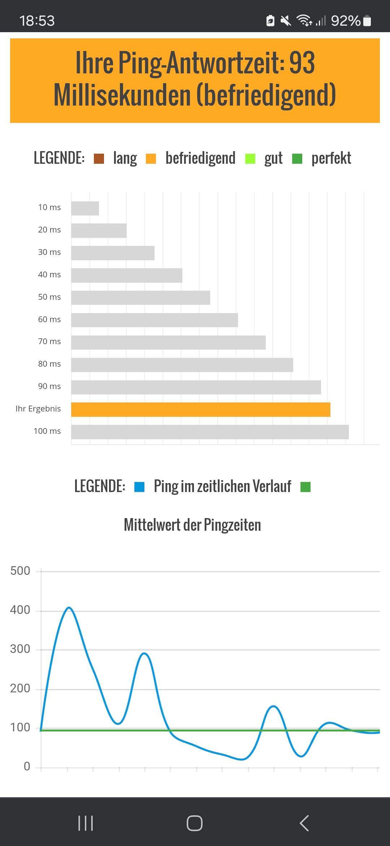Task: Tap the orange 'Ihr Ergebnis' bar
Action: pyautogui.click(x=200, y=409)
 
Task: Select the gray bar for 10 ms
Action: pyautogui.click(x=85, y=208)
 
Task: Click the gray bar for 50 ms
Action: pyautogui.click(x=140, y=298)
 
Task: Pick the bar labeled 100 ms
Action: pyautogui.click(x=210, y=432)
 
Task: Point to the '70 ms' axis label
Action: pyautogui.click(x=49, y=342)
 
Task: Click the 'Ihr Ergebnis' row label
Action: pyautogui.click(x=38, y=409)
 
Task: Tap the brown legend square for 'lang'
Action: pyautogui.click(x=99, y=159)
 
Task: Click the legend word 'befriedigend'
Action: pyautogui.click(x=200, y=158)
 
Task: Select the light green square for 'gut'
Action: pyautogui.click(x=250, y=159)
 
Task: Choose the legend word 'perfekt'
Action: pyautogui.click(x=331, y=158)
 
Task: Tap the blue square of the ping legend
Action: pyautogui.click(x=139, y=487)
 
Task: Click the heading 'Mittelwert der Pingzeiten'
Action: pyautogui.click(x=192, y=525)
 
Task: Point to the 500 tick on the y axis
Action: pyautogui.click(x=20, y=571)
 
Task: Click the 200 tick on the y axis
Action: pyautogui.click(x=20, y=688)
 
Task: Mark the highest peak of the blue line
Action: pyautogui.click(x=69, y=608)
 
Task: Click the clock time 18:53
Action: pyautogui.click(x=37, y=21)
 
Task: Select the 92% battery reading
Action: pyautogui.click(x=346, y=21)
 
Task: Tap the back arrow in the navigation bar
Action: pyautogui.click(x=304, y=823)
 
